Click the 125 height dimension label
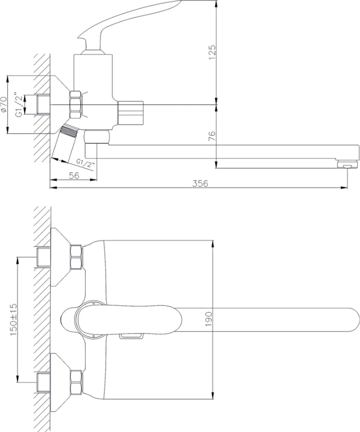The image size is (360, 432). click(212, 52)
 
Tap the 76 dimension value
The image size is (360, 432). click(212, 136)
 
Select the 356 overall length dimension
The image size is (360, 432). click(200, 183)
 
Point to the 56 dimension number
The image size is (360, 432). click(74, 176)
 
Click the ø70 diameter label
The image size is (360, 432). click(3, 104)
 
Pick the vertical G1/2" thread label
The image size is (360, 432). click(19, 106)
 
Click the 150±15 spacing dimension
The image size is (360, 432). click(13, 320)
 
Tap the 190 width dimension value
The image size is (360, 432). click(208, 319)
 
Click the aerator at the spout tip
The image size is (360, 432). click(348, 165)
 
